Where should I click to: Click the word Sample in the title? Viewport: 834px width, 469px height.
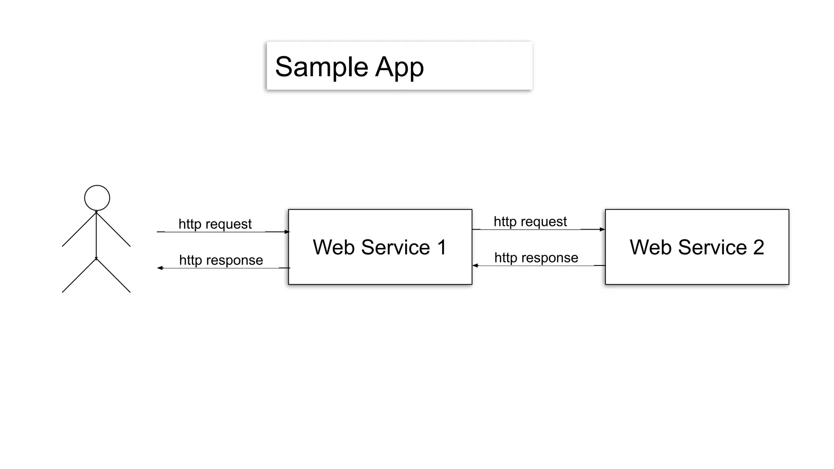(x=322, y=67)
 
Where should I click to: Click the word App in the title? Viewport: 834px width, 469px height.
(x=399, y=68)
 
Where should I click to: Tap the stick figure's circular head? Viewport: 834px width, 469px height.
(x=97, y=198)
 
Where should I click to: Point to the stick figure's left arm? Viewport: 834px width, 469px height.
(x=79, y=229)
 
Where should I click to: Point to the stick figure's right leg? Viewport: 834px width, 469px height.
(x=114, y=276)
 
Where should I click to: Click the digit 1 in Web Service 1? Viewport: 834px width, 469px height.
(x=441, y=247)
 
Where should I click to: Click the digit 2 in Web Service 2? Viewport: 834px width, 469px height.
(x=758, y=247)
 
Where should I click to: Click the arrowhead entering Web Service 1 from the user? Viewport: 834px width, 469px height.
(x=287, y=232)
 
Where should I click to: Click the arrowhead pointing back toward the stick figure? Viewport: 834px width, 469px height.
(x=160, y=268)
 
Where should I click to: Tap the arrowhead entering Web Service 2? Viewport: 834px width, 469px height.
(x=602, y=229)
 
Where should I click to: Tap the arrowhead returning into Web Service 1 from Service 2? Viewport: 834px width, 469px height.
(x=475, y=265)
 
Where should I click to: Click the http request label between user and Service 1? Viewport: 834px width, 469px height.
(x=215, y=224)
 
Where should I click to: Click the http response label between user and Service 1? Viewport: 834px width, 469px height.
(x=221, y=260)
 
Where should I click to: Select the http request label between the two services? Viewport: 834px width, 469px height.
(x=530, y=221)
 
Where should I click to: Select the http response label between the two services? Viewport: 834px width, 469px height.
(x=536, y=257)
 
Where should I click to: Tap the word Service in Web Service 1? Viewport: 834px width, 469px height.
(x=395, y=247)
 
